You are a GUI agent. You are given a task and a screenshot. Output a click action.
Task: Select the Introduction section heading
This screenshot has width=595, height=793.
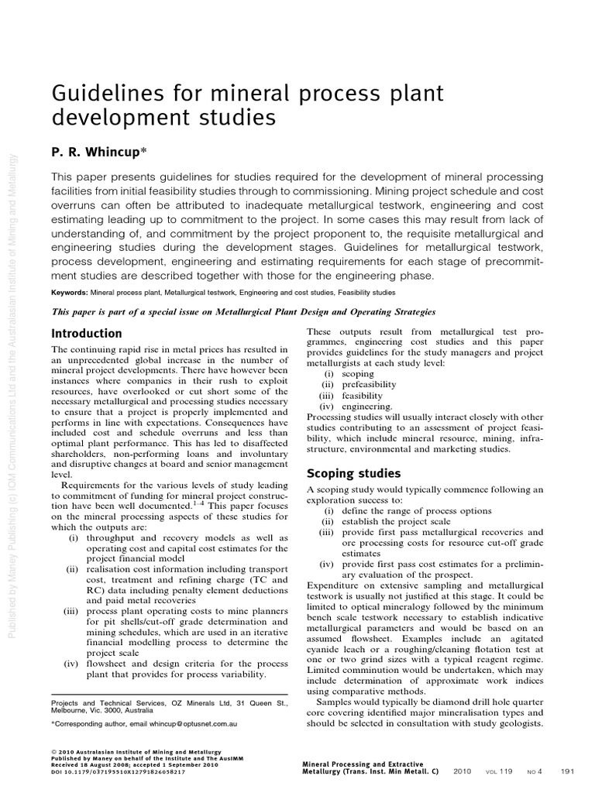coord(86,334)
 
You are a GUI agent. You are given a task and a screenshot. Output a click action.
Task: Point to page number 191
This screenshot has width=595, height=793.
coord(567,771)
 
